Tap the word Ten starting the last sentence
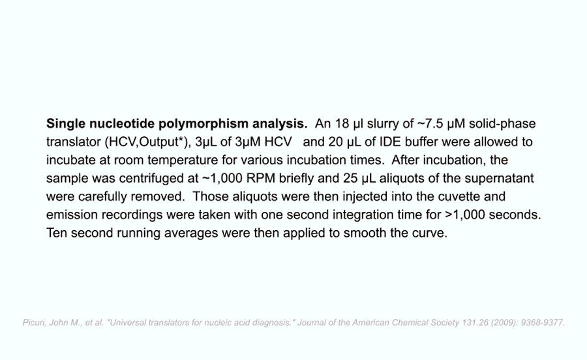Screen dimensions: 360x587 pyautogui.click(x=57, y=233)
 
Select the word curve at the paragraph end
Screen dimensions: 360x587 pyautogui.click(x=430, y=233)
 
